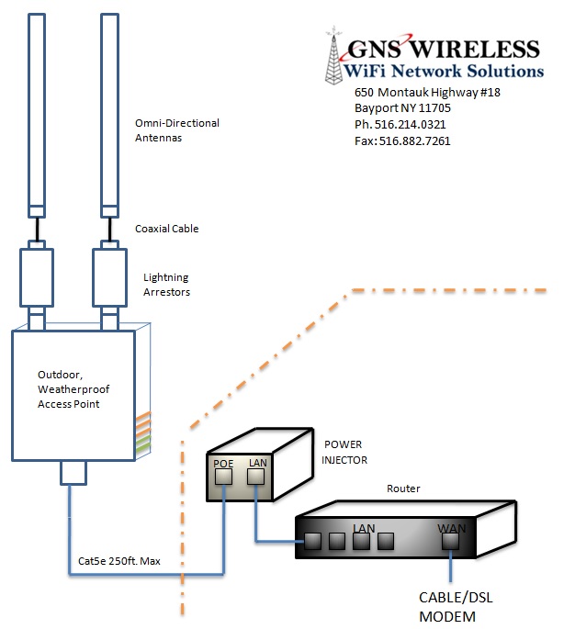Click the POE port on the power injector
[223, 477]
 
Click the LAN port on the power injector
[255, 477]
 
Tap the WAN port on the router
[450, 541]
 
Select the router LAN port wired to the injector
[312, 541]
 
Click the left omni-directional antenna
[37, 116]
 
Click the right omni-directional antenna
[109, 116]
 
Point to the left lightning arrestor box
[37, 277]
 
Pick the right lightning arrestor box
[109, 277]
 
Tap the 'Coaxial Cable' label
[167, 229]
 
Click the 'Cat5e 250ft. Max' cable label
[119, 561]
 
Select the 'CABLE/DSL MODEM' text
[456, 607]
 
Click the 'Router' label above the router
[403, 489]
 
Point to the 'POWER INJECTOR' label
[344, 452]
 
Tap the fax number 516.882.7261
[415, 141]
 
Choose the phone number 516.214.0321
[410, 124]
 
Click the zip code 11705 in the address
[434, 108]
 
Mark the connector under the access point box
[73, 473]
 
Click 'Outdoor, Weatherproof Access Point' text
[73, 389]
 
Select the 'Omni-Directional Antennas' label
[177, 130]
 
